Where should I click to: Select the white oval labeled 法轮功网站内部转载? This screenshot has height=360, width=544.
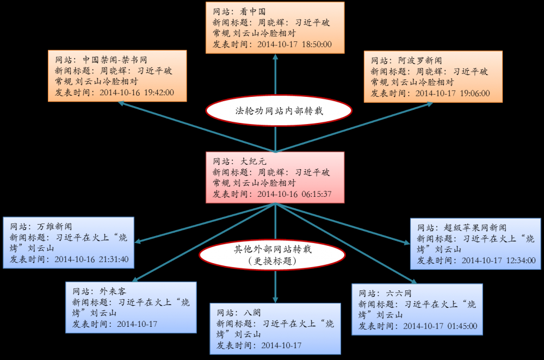pyautogui.click(x=275, y=111)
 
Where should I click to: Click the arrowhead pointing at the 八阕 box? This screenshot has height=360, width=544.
pyautogui.click(x=275, y=299)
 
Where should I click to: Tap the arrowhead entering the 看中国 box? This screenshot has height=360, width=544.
pyautogui.click(x=275, y=57)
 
